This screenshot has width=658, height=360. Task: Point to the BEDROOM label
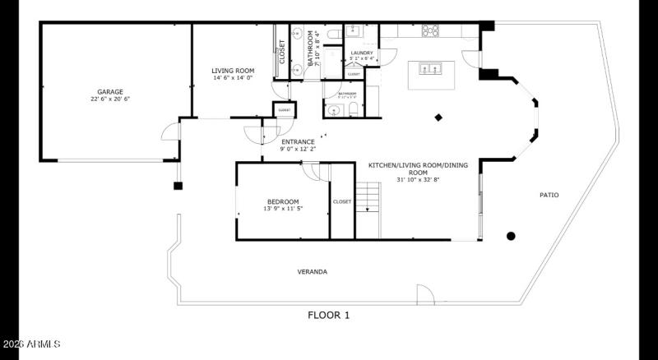(282, 201)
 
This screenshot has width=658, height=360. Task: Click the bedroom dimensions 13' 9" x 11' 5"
(282, 209)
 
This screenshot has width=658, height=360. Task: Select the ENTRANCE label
(298, 141)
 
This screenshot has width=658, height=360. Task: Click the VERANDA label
(313, 271)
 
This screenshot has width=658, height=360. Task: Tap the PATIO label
(549, 195)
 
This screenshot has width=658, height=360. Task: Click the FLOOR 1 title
(329, 315)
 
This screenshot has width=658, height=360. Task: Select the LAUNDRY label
(362, 53)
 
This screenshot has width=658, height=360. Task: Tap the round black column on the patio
(511, 237)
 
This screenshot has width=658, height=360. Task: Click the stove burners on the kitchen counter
(430, 30)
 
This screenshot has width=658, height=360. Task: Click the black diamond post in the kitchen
(439, 118)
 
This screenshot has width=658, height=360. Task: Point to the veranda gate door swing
(424, 295)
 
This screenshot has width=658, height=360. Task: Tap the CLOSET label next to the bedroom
(342, 201)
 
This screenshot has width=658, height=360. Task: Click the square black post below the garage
(177, 186)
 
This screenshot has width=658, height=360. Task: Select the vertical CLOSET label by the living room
(283, 52)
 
